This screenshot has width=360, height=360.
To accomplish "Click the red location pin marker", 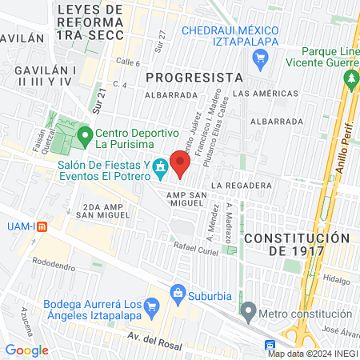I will coord(181,163).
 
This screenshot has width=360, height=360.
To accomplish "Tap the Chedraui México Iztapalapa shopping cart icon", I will coord(259,58).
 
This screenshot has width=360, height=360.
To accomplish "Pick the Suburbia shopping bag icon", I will coord(178,294).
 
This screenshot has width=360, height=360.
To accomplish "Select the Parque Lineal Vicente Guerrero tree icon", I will coord(350,78).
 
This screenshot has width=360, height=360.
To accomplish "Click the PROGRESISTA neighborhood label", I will coord(195,77).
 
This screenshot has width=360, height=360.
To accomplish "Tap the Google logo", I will coord(26,350).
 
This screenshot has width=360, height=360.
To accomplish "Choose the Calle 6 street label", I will coord(127,62).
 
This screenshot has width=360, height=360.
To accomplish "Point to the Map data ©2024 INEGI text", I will coord(313,354).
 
